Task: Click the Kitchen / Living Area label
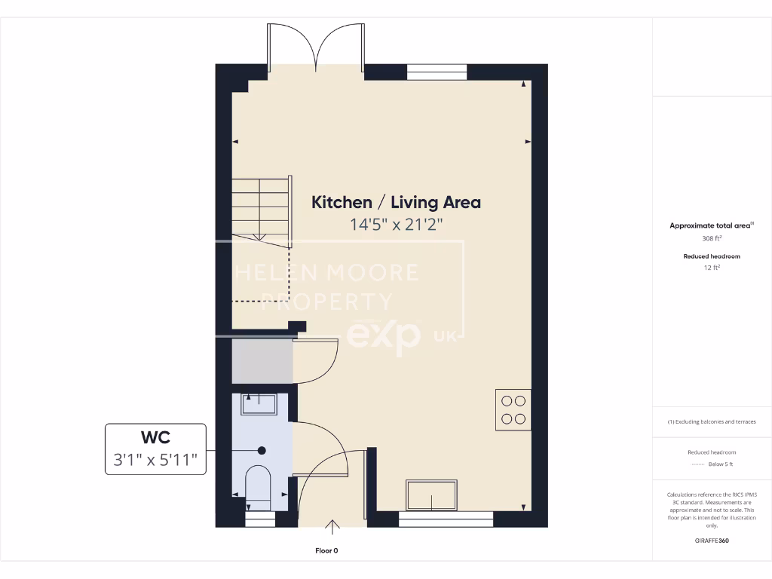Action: (396, 202)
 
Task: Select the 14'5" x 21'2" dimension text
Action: (396, 224)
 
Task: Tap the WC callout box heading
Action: (155, 437)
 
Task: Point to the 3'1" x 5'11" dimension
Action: (155, 461)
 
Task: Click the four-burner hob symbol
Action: (513, 409)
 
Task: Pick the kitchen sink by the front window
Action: (431, 495)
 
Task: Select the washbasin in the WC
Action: (259, 404)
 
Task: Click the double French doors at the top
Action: (316, 47)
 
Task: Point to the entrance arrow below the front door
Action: (332, 525)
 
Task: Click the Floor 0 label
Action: (331, 551)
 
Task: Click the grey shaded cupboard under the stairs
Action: (262, 361)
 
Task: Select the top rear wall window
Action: (437, 72)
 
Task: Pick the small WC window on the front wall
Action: (260, 519)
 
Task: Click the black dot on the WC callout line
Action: (262, 451)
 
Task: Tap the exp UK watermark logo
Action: (392, 335)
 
